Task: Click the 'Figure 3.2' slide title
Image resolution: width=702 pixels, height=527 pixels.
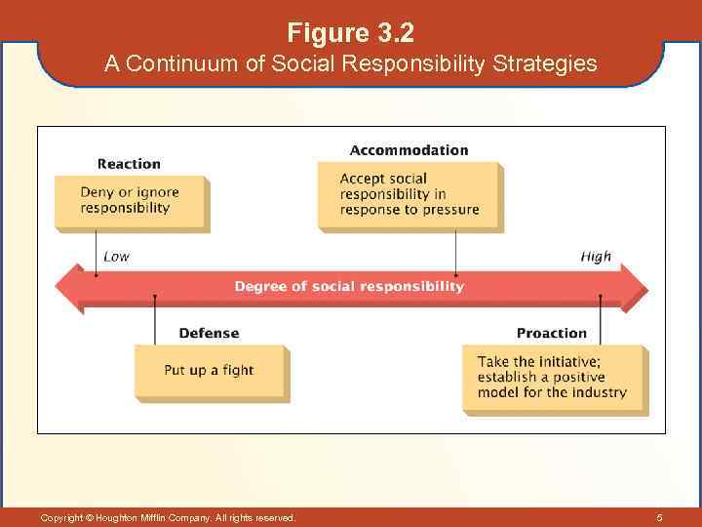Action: click(x=351, y=33)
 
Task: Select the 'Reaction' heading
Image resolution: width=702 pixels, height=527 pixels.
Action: click(x=129, y=164)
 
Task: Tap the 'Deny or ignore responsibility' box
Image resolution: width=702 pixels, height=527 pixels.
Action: click(x=130, y=201)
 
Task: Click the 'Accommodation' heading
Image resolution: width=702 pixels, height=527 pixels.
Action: click(x=409, y=150)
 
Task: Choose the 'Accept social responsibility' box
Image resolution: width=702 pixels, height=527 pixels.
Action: click(x=409, y=194)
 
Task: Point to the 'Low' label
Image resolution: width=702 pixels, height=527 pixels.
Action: click(x=116, y=257)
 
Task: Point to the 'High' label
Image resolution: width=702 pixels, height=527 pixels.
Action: click(x=596, y=257)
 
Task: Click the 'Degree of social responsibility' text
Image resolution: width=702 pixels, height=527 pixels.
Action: click(x=349, y=286)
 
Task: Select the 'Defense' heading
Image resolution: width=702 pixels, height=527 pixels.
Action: click(x=209, y=333)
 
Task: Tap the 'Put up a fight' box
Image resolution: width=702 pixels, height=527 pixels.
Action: click(x=209, y=371)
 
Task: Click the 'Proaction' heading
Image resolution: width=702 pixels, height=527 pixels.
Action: click(x=552, y=333)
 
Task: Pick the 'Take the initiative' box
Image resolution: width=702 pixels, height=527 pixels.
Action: click(x=552, y=378)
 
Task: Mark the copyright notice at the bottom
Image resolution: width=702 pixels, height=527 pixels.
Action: click(x=168, y=517)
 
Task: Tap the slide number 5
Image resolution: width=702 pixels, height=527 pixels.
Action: click(x=659, y=517)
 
